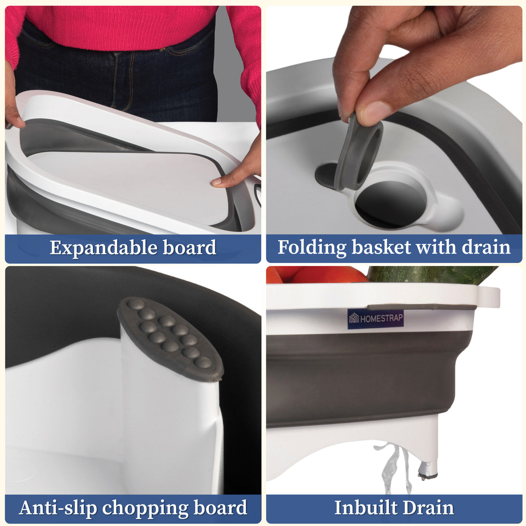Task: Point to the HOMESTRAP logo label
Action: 375,319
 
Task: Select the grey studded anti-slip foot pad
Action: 171,339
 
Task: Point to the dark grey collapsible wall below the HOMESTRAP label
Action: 358,379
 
